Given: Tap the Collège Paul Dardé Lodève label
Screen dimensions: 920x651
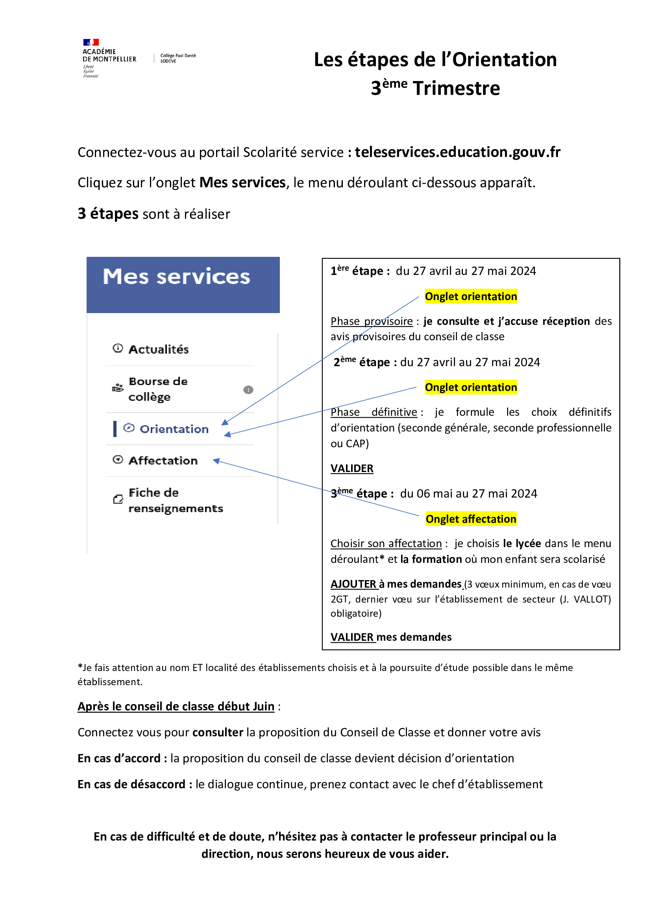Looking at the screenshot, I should [x=178, y=58].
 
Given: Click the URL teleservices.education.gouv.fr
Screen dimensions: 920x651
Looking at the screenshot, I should [x=457, y=152].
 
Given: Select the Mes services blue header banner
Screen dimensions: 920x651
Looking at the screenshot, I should [x=183, y=284].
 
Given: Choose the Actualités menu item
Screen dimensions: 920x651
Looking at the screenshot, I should [x=158, y=349].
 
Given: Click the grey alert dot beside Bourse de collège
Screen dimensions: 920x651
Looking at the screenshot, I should [x=248, y=389].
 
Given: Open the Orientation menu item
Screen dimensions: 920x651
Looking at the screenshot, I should [x=174, y=429].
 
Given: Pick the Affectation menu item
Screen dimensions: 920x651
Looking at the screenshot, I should [x=163, y=461].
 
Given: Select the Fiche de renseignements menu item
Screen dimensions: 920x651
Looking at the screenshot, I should [x=175, y=500].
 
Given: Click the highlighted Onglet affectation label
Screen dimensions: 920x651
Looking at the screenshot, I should [x=471, y=519].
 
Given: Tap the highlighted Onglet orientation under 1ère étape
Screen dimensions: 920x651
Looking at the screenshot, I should [x=471, y=297].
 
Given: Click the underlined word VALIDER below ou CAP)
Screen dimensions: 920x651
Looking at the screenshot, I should [x=351, y=468].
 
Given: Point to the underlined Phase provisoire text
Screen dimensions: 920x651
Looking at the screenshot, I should [x=371, y=321].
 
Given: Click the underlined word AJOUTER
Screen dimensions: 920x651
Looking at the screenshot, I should [x=353, y=584].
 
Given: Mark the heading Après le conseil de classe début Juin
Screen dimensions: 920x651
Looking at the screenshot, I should [x=176, y=706].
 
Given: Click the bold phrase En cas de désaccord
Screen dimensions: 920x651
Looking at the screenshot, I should [x=131, y=784].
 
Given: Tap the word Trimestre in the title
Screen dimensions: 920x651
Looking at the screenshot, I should [x=456, y=88].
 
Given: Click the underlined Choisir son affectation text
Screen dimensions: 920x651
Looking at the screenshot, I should [x=386, y=544].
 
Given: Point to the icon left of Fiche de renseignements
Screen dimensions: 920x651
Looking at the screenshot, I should [x=118, y=499].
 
